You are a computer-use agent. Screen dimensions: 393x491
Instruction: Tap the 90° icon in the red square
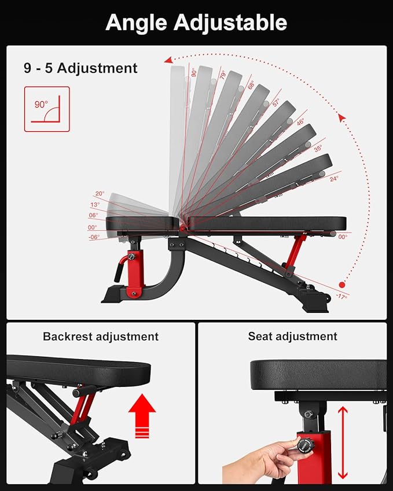47,109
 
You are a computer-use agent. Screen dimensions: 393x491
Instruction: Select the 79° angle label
222,75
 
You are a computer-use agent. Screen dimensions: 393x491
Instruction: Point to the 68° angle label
251,85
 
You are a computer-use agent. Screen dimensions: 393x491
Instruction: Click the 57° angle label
276,102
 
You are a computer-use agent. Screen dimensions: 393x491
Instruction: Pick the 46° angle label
300,122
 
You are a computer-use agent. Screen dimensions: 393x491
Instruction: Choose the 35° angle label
318,149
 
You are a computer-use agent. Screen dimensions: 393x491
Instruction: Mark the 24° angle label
334,179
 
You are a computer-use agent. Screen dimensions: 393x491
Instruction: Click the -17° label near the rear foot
341,296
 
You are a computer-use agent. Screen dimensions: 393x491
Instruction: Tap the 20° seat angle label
100,194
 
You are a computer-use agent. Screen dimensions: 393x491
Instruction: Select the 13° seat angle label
95,205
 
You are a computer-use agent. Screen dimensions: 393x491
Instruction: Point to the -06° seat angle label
94,237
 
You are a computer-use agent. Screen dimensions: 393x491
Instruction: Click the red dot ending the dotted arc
342,285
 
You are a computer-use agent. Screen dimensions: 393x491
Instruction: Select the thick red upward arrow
142,416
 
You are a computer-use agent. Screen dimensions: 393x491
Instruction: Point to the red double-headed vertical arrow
343,442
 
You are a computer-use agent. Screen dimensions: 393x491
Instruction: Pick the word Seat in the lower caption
260,337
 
